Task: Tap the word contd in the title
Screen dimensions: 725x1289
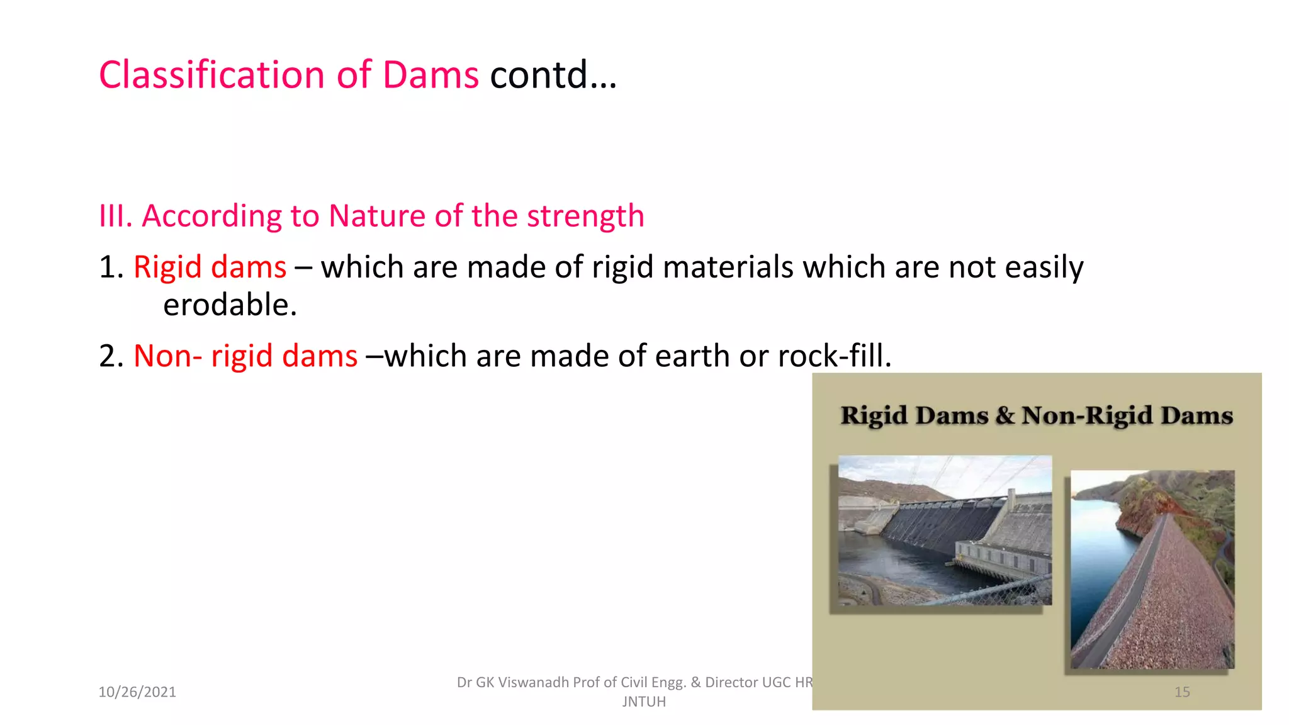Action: [539, 75]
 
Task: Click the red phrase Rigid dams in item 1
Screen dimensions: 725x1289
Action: [210, 267]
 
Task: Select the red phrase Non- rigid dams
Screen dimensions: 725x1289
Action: [245, 356]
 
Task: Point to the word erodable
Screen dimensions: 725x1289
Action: [230, 305]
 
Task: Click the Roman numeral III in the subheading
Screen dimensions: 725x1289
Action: [114, 216]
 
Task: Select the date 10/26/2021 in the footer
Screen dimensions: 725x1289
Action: [137, 692]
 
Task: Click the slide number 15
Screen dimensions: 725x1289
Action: [1182, 692]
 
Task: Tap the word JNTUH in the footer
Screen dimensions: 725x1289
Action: [643, 702]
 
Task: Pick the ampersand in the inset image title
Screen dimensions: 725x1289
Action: [1005, 415]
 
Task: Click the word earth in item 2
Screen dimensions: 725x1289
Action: [692, 356]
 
